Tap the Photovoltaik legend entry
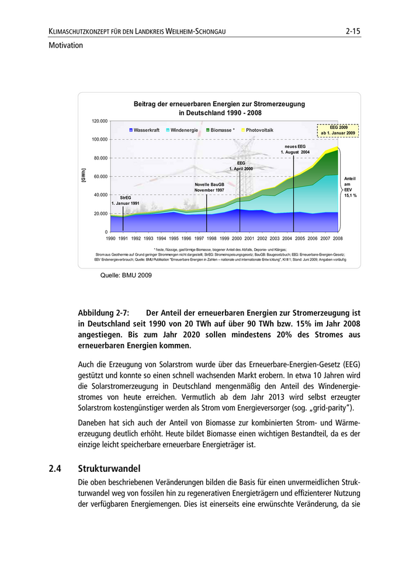(x=259, y=130)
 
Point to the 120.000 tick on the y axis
(x=99, y=121)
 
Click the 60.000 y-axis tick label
(x=100, y=176)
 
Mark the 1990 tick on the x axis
(x=110, y=239)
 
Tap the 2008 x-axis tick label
(x=337, y=239)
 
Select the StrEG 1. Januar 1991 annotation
(x=126, y=200)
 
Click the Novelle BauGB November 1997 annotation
(x=209, y=187)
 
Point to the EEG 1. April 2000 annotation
(x=241, y=166)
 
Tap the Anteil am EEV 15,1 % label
(x=350, y=187)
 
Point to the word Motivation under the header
(x=66, y=45)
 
